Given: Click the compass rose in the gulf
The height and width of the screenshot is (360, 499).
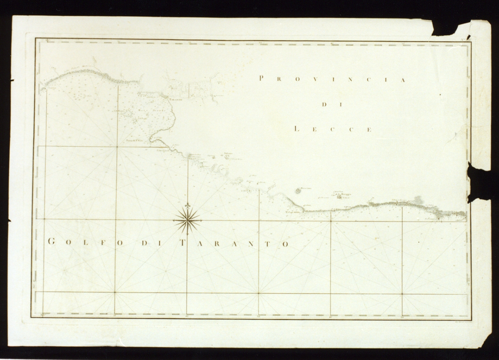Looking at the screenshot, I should (x=187, y=220).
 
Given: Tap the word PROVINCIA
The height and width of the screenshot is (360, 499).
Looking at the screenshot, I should (x=333, y=79).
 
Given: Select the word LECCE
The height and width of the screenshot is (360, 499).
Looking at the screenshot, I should (x=333, y=129).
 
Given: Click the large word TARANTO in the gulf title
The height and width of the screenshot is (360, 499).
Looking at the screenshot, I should (x=235, y=244).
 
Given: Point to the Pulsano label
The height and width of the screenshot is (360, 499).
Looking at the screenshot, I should (x=228, y=154).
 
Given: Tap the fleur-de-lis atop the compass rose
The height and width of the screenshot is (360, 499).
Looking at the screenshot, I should (x=187, y=206).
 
